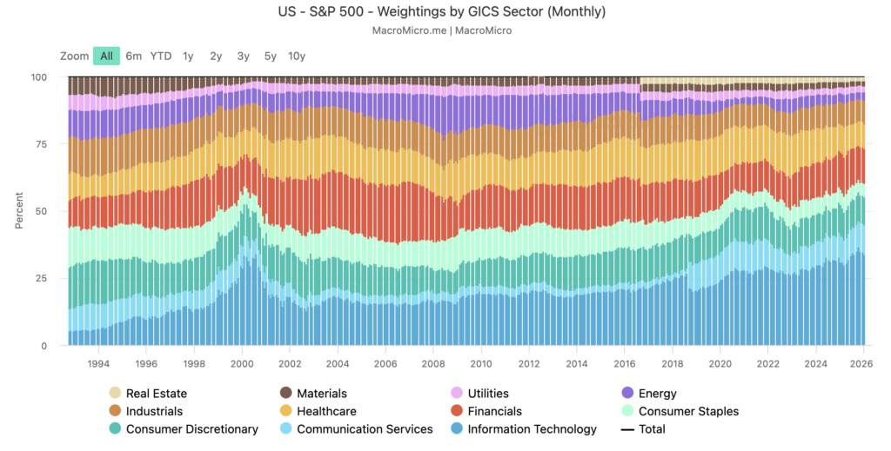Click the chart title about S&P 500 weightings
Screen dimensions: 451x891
[445, 12]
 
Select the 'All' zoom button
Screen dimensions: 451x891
[106, 56]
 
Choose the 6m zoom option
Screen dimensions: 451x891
[133, 56]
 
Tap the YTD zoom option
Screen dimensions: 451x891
[161, 56]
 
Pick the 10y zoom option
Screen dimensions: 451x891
[297, 56]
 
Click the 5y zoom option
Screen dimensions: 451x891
[270, 56]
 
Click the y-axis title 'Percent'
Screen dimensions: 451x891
[18, 211]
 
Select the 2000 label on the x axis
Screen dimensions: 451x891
[242, 364]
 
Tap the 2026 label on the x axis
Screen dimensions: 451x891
[862, 364]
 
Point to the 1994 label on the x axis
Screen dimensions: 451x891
[98, 364]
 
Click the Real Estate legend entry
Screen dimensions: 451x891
[157, 394]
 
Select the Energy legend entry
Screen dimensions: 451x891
[657, 394]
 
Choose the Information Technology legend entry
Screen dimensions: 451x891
[532, 429]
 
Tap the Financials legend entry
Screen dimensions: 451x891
[494, 411]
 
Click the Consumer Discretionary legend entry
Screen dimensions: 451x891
[191, 429]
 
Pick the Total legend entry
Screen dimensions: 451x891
[651, 429]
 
